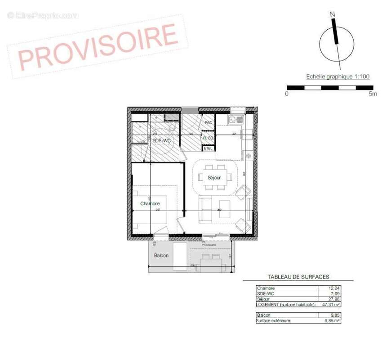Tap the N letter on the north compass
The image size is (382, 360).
coord(333,14)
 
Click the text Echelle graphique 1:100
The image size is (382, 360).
coord(338,76)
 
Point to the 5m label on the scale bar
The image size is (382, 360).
coord(373,94)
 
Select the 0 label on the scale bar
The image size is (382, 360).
coord(287,94)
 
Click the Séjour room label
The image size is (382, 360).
coord(214,178)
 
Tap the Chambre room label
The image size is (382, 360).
coord(150,203)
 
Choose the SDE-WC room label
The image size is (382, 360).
coord(162,141)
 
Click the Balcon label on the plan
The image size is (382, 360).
coord(161,256)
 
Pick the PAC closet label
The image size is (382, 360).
coord(208,122)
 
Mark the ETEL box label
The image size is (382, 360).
coord(208,148)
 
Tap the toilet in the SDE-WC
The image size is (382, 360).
coord(172,127)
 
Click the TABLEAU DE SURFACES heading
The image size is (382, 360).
coord(298,277)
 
